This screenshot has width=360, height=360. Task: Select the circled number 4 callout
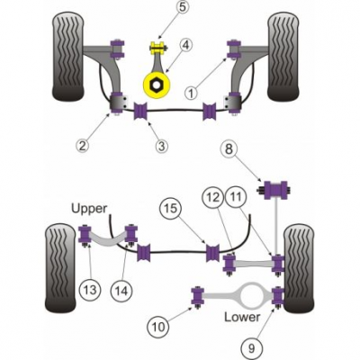tap(185, 45)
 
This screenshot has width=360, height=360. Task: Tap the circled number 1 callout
tap(192, 93)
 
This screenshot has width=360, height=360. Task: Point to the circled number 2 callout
tap(82, 146)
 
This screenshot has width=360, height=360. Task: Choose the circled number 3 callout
tap(161, 146)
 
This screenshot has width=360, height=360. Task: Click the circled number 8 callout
tap(229, 149)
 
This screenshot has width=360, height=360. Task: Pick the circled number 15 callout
tap(171, 208)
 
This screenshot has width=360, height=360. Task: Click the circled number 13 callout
tap(90, 290)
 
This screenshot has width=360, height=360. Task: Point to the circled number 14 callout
tap(121, 290)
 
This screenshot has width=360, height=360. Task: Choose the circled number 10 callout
tap(158, 327)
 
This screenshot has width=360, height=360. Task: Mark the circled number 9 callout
tap(251, 348)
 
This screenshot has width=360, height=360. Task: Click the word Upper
tap(89, 209)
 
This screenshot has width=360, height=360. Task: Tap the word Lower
tap(242, 317)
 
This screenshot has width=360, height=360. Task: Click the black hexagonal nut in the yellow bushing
tap(156, 85)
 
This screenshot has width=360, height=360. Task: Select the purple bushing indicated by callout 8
tap(275, 190)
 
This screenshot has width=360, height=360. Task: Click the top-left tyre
tap(67, 57)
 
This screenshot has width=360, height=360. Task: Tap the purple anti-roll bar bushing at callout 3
tap(141, 111)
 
